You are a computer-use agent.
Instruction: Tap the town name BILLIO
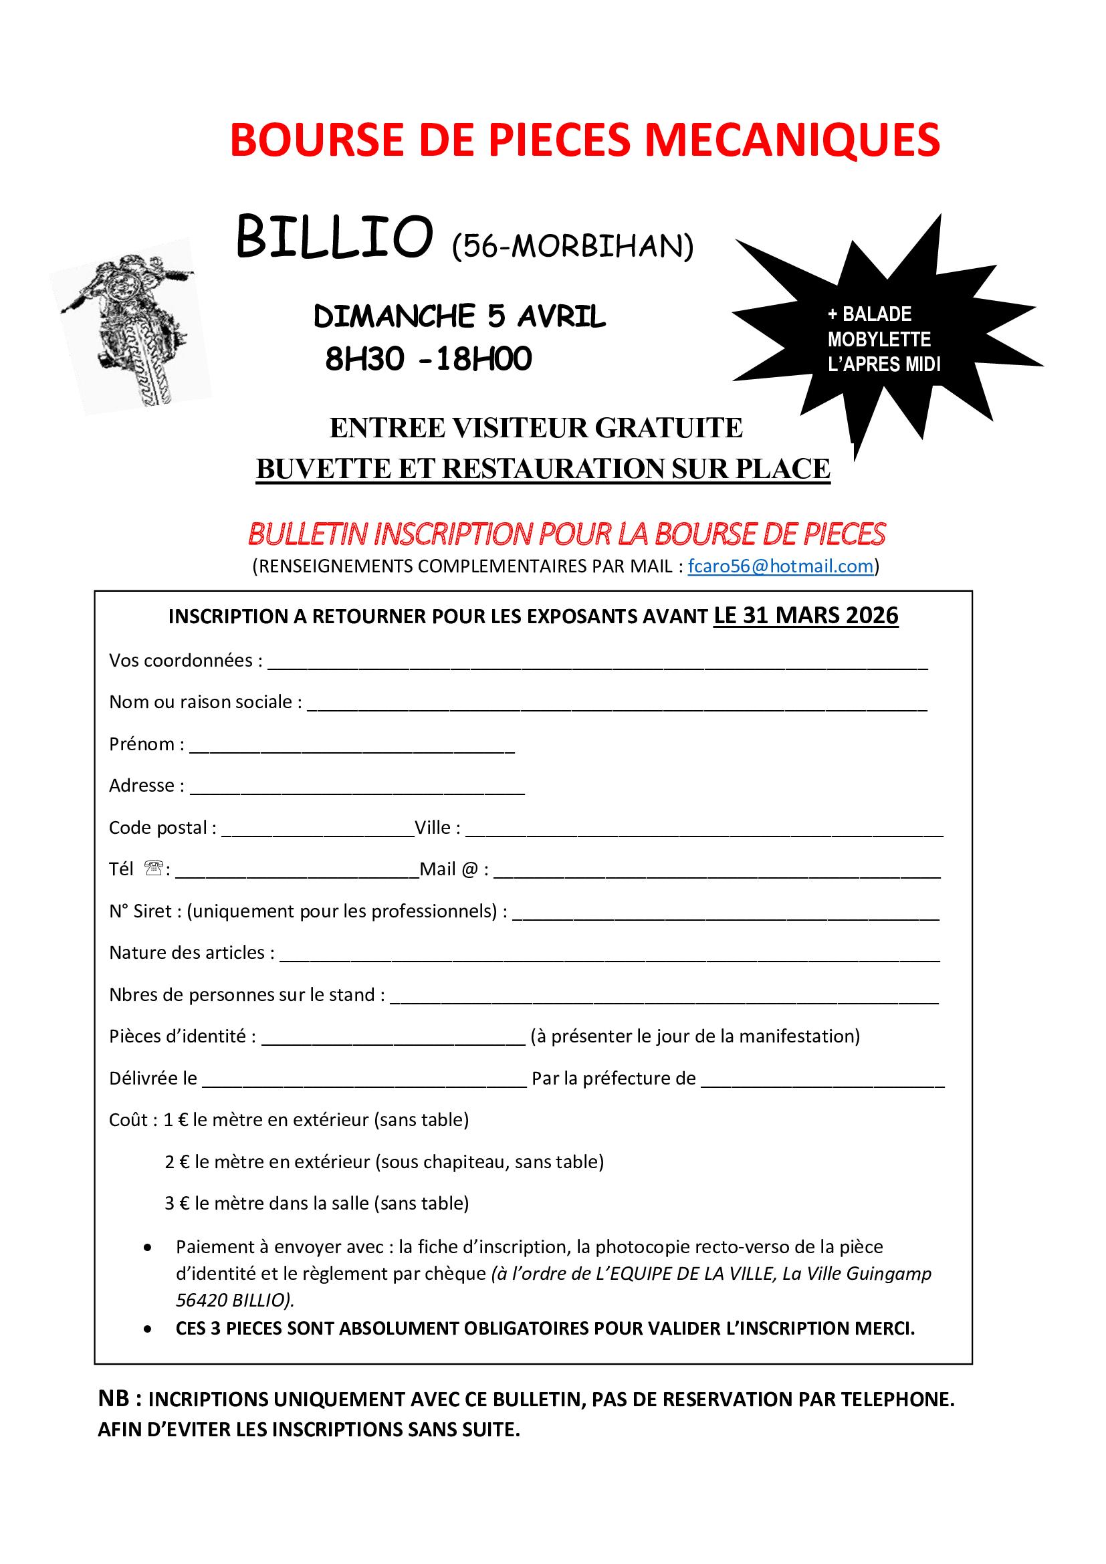(334, 237)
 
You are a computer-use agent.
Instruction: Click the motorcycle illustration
(130, 326)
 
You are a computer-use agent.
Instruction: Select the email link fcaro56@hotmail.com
(780, 566)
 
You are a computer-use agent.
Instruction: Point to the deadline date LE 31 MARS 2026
(806, 616)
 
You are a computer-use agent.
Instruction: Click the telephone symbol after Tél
(154, 868)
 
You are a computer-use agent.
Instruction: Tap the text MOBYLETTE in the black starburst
(879, 339)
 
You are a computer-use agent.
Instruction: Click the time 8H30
(364, 359)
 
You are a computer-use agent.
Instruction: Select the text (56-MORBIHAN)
(573, 246)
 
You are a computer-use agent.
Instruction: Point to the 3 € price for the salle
(177, 1203)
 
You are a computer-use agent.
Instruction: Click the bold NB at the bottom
(113, 1398)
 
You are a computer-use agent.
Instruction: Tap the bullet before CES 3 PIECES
(148, 1329)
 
